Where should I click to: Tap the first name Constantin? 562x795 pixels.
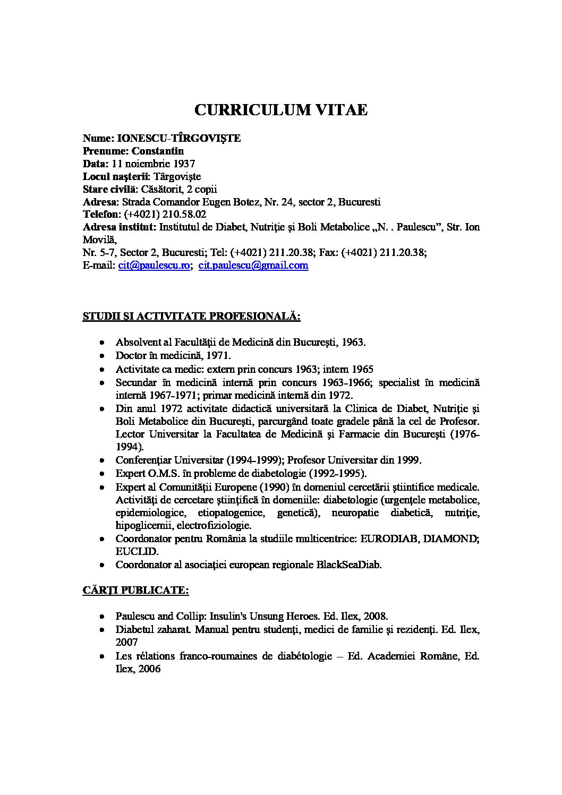[x=158, y=151]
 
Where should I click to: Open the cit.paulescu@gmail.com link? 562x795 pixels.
[x=253, y=266]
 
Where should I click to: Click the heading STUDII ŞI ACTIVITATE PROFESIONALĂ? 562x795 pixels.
[x=192, y=317]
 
